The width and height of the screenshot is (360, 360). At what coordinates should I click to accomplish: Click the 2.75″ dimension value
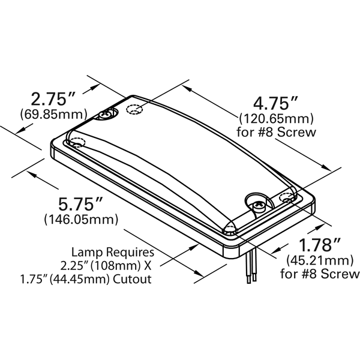point(53,99)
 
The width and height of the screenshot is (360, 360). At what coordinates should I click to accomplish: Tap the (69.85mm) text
point(54,114)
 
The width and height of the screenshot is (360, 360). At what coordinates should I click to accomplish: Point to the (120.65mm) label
point(276,118)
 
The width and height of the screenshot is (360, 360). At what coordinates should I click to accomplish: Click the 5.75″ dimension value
point(80,204)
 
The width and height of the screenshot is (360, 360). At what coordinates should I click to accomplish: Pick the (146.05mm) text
point(81,220)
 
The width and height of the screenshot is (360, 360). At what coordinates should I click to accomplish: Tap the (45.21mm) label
point(320,260)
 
